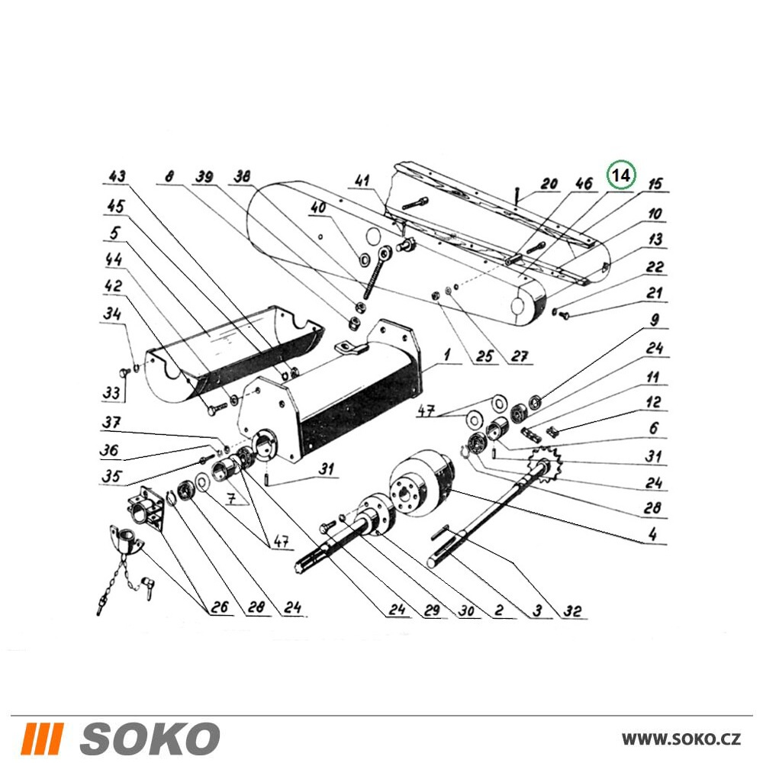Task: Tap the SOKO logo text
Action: [150, 739]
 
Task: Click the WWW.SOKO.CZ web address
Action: [681, 739]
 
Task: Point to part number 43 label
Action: [117, 176]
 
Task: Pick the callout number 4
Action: [653, 534]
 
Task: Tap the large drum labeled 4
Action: [421, 482]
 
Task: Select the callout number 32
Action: [572, 610]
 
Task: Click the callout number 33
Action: [111, 392]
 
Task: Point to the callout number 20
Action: [549, 184]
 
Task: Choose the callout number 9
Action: [655, 320]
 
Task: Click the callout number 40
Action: [318, 208]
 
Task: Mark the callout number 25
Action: [485, 356]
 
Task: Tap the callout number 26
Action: [219, 607]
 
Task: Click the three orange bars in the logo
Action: [43, 739]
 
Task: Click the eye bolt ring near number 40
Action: [386, 253]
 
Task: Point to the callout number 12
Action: [654, 402]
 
